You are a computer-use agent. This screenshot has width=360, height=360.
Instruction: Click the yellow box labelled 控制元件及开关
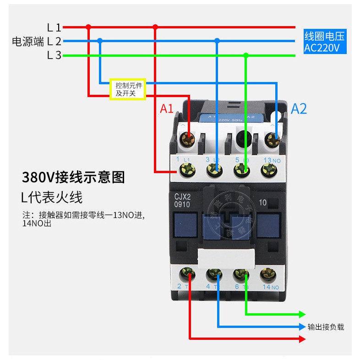pyautogui.click(x=128, y=88)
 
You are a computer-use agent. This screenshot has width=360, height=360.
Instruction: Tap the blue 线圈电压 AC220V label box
pyautogui.click(x=325, y=42)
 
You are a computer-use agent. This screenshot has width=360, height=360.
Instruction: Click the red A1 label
pyautogui.click(x=166, y=109)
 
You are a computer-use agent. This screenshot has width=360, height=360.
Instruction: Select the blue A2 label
pyautogui.click(x=299, y=109)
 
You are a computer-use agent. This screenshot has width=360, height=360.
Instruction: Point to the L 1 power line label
pyautogui.click(x=54, y=27)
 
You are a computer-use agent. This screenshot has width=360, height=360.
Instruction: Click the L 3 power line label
pyautogui.click(x=54, y=56)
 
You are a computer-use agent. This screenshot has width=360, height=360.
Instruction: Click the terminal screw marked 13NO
pyautogui.click(x=269, y=172)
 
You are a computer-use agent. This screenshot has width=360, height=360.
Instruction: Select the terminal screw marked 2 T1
pyautogui.click(x=188, y=275)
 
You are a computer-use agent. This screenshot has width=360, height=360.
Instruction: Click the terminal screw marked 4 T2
pyautogui.click(x=214, y=275)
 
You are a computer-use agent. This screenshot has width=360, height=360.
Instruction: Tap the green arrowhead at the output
pyautogui.click(x=302, y=314)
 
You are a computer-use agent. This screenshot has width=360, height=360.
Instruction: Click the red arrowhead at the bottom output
pyautogui.click(x=302, y=339)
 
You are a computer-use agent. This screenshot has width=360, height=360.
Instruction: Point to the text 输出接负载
pyautogui.click(x=326, y=327)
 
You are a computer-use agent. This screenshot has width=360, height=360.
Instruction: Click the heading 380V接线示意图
pyautogui.click(x=73, y=177)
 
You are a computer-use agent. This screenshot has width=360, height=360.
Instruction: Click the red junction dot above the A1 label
pyautogui.click(x=155, y=27)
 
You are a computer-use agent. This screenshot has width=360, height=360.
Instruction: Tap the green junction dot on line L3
pyautogui.click(x=246, y=55)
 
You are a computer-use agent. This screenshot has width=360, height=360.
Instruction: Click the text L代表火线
pyautogui.click(x=52, y=198)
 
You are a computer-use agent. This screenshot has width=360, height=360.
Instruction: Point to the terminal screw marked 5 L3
pyautogui.click(x=241, y=172)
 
